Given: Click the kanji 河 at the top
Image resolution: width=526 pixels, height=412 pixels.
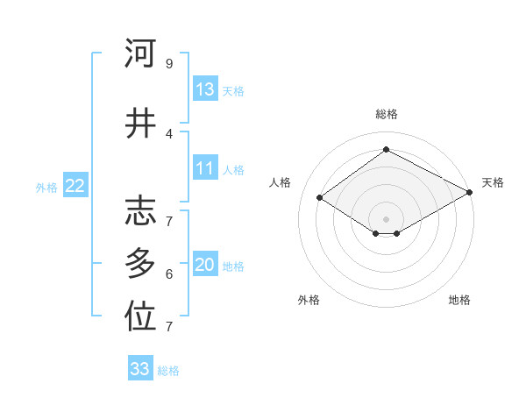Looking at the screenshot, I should click(140, 53).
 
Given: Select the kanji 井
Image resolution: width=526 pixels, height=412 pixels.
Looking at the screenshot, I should click(140, 124).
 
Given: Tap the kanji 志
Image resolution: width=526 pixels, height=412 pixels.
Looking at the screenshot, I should click(140, 211).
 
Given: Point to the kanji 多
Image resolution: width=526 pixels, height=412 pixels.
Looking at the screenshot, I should click(140, 264).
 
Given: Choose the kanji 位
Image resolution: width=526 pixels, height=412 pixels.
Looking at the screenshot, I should click(140, 318).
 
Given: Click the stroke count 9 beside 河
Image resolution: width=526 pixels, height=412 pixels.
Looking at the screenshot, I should click(168, 63).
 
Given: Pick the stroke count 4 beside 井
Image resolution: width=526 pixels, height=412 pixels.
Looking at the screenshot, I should click(168, 133).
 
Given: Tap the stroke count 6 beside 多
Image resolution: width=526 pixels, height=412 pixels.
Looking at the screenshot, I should click(168, 273).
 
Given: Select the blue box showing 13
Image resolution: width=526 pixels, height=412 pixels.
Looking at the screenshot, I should click(205, 89).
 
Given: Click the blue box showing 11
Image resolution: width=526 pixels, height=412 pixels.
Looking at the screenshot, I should click(205, 168).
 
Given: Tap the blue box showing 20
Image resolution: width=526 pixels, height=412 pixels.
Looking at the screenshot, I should click(205, 265).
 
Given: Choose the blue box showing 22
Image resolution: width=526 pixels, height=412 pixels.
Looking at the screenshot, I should click(75, 186).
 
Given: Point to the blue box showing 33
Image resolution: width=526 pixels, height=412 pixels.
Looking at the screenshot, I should click(140, 369).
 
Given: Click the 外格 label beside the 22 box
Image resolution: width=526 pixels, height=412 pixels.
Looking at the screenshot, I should click(46, 187).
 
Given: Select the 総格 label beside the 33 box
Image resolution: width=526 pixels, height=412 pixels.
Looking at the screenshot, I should click(168, 371).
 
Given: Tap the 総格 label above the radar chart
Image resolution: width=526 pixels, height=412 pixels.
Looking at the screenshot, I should click(386, 114).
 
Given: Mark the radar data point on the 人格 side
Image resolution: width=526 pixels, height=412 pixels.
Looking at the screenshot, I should click(320, 198).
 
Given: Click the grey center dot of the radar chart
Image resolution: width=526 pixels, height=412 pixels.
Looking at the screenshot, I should click(386, 217).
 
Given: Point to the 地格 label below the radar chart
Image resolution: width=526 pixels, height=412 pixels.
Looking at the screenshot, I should click(459, 300).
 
